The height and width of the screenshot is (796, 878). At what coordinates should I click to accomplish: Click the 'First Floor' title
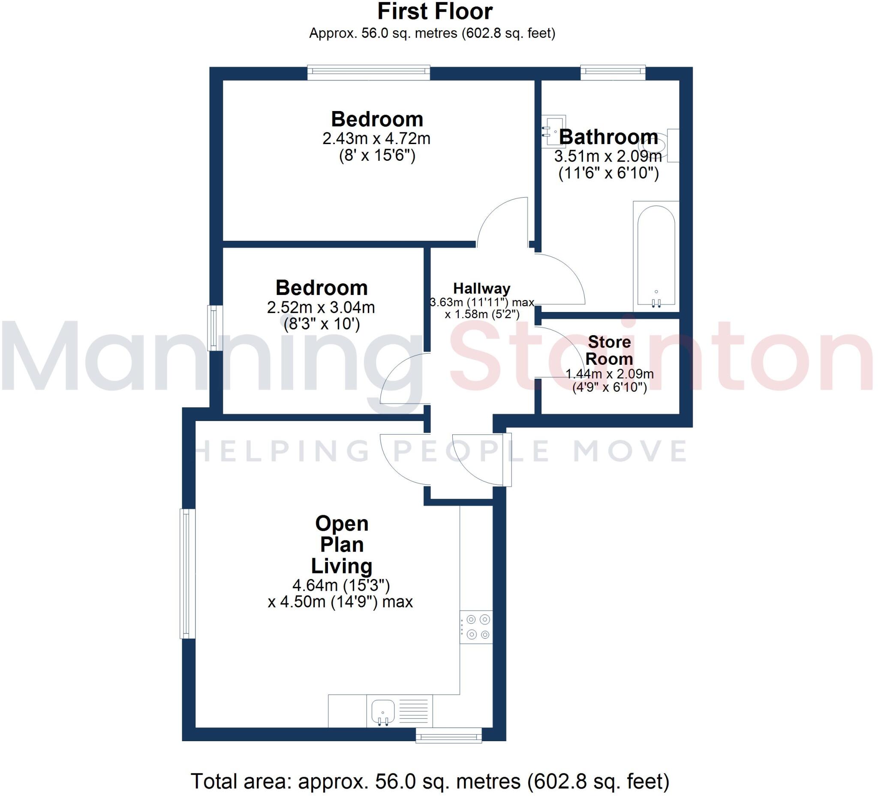click(x=435, y=12)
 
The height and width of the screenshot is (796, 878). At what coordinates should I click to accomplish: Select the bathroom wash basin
click(x=553, y=131)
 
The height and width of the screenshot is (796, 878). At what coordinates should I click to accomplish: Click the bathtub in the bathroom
click(x=656, y=256)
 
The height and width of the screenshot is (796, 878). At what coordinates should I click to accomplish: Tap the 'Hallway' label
click(x=482, y=288)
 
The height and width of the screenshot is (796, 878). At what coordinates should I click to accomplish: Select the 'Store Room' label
click(x=609, y=351)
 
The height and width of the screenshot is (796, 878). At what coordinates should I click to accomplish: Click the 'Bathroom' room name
click(x=608, y=137)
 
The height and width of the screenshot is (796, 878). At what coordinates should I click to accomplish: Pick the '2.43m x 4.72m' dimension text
click(x=376, y=138)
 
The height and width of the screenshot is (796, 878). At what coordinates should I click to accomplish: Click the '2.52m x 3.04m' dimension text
click(x=321, y=307)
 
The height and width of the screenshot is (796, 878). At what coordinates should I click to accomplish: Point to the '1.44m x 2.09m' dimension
click(x=609, y=374)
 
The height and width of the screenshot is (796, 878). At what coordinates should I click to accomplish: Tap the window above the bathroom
click(x=613, y=72)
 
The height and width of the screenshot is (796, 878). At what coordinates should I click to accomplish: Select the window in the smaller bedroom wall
click(x=215, y=328)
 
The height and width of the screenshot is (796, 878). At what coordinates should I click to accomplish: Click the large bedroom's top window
click(x=368, y=72)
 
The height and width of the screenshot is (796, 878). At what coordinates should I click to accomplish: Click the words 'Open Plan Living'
click(x=342, y=545)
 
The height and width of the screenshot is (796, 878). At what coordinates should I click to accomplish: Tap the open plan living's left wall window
click(x=188, y=574)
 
